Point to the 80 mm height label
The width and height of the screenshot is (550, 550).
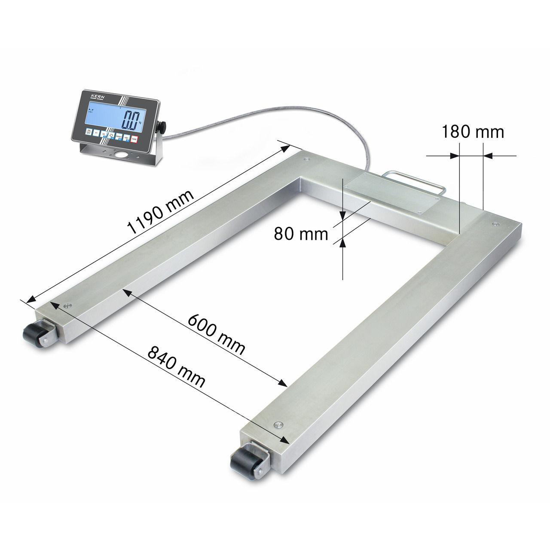click(301, 234)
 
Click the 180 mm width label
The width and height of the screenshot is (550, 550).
click(473, 131)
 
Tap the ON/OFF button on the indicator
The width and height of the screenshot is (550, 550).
click(89, 131)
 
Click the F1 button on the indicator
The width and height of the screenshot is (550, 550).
click(96, 133)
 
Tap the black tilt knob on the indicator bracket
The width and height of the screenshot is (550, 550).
click(162, 127)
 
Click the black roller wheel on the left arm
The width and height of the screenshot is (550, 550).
click(33, 333)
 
